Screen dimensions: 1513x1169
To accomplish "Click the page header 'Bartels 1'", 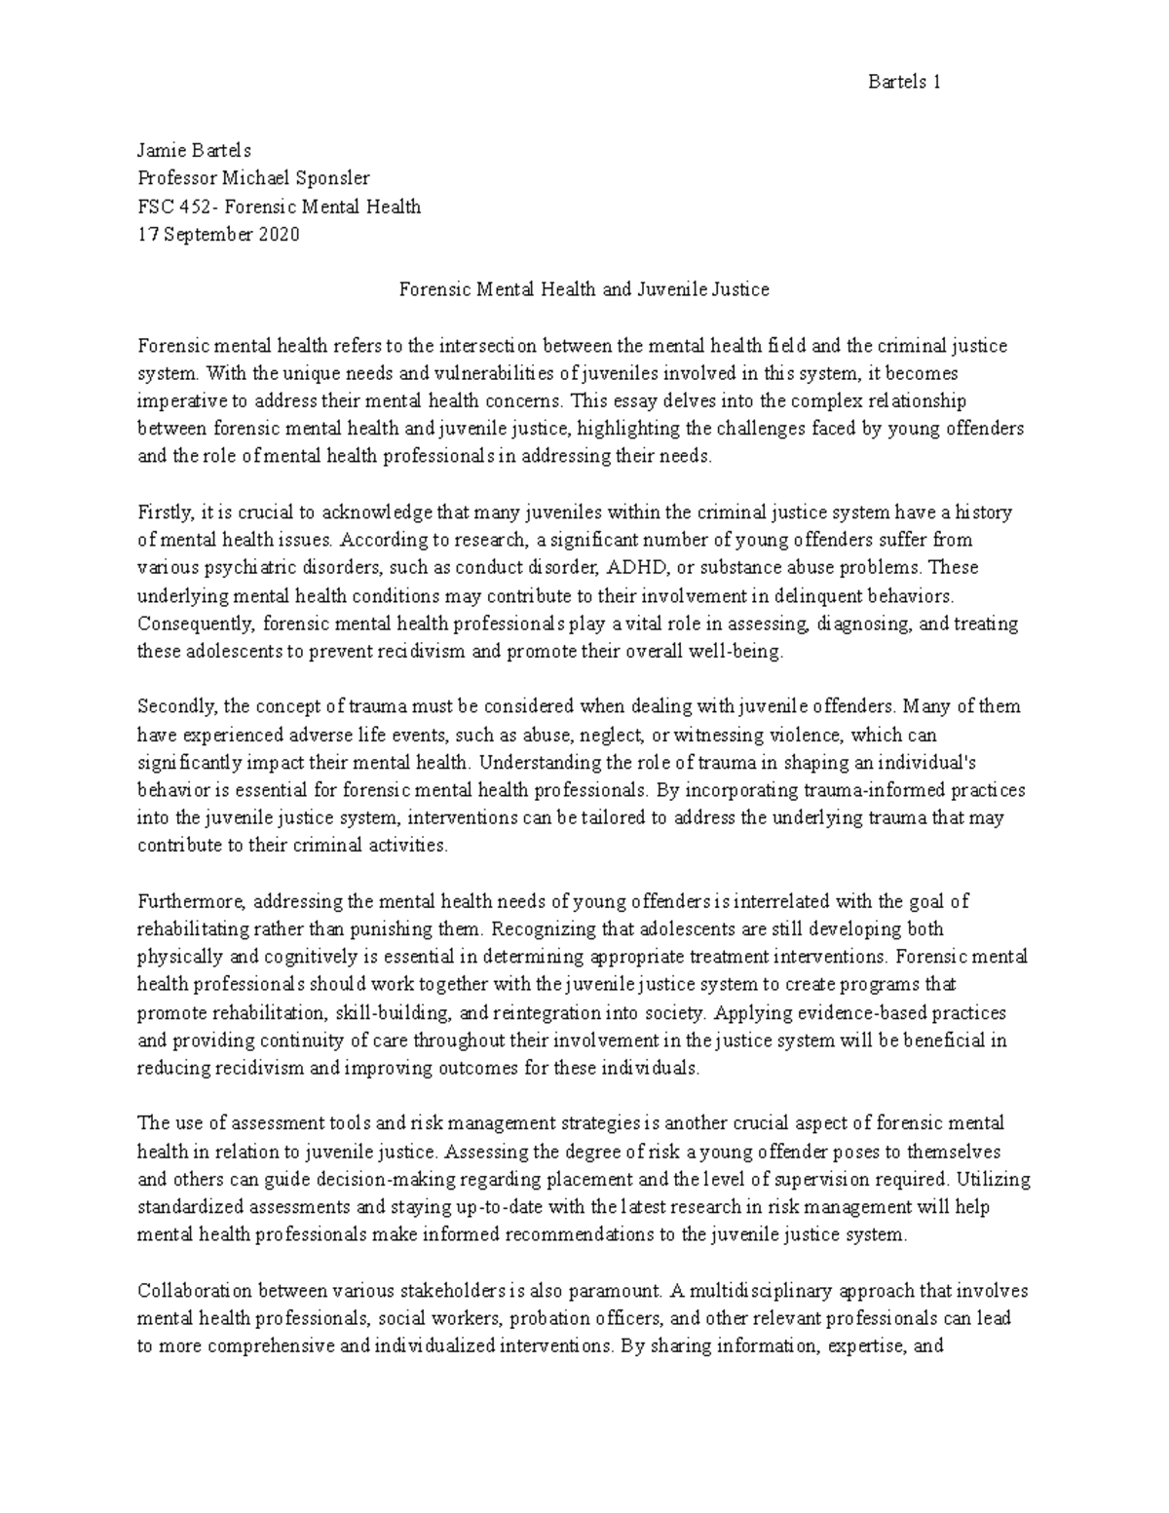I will (903, 82).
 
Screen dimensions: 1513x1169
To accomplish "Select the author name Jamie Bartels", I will (194, 150).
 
